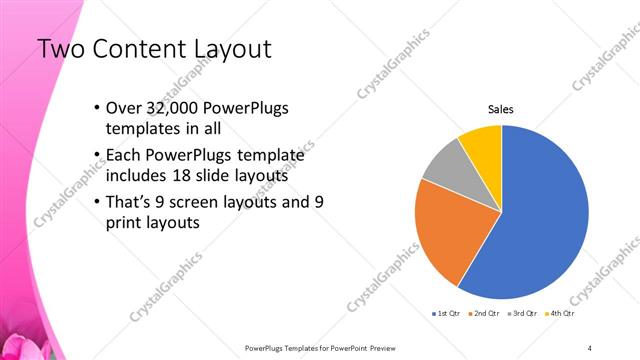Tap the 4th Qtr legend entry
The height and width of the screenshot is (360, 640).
[564, 313]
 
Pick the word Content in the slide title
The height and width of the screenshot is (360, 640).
[140, 49]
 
